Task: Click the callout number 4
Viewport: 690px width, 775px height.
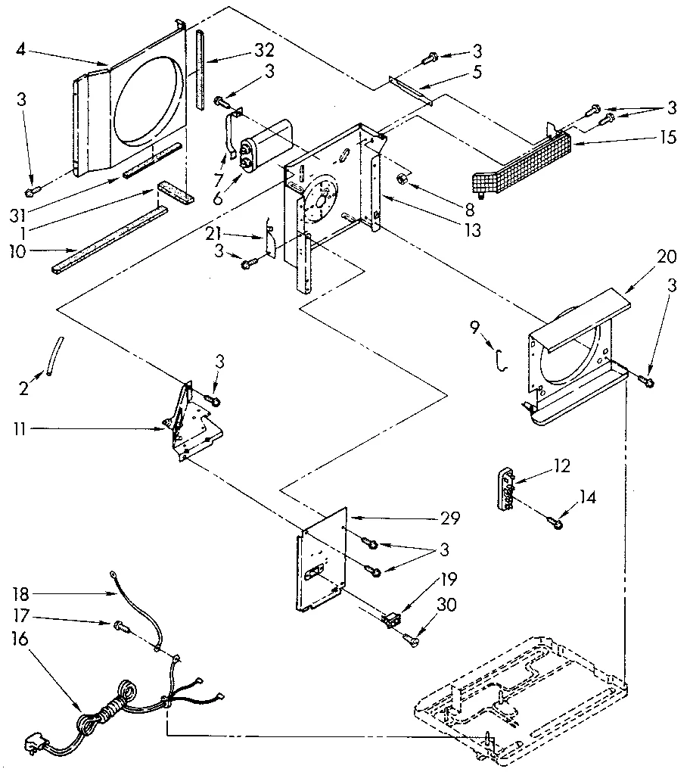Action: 20,51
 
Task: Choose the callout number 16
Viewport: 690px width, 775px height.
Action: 20,639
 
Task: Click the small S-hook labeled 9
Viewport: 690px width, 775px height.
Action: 499,359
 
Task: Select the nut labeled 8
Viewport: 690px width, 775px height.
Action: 405,179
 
